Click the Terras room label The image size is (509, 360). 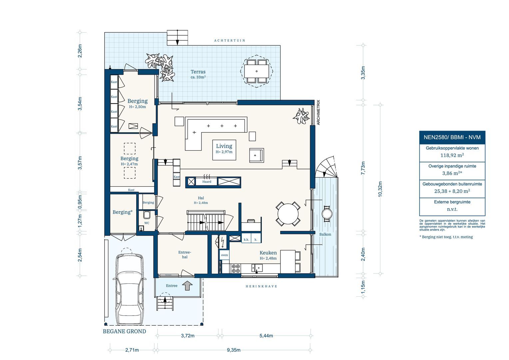[198, 72]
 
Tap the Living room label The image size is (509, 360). [224, 146]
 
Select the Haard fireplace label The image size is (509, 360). [207, 182]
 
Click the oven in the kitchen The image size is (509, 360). [225, 255]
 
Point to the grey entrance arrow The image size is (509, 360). [188, 285]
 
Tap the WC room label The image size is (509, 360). [147, 223]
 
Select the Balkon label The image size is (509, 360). [325, 234]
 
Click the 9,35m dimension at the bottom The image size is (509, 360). [234, 350]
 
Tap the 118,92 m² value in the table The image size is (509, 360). [452, 155]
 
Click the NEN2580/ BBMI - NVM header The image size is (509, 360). [452, 137]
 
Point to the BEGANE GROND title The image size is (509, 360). [124, 331]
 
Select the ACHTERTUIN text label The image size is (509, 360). [230, 40]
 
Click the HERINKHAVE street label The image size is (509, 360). [261, 286]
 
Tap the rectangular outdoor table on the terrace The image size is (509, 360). [256, 71]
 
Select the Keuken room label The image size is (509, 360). [268, 253]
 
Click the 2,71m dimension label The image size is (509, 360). [132, 350]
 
